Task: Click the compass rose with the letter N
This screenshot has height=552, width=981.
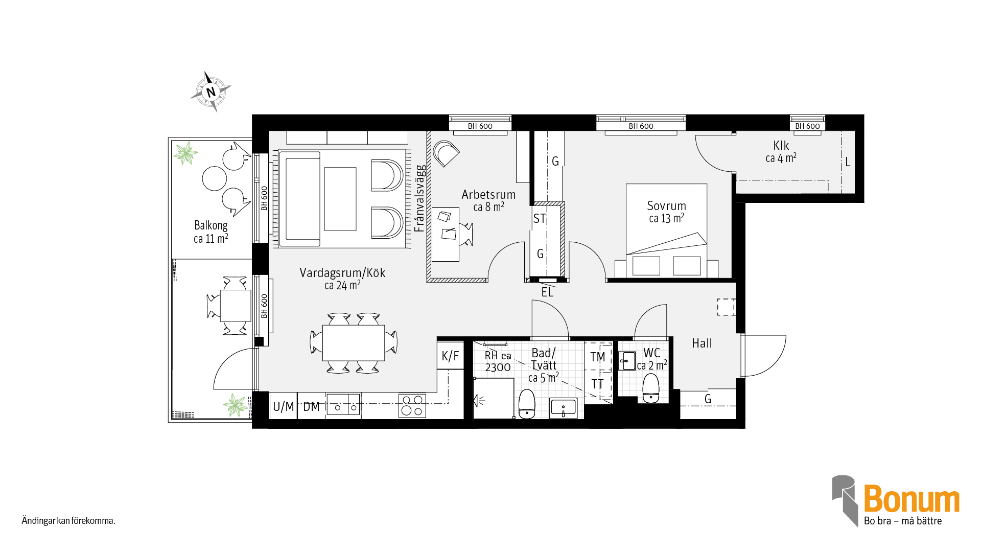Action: pos(211,92)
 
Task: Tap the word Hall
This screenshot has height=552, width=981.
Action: pos(702,343)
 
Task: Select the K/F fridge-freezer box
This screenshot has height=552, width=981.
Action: pos(450,356)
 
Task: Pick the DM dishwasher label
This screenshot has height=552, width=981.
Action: pos(311,407)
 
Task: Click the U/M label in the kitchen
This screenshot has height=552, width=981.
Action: pos(283,407)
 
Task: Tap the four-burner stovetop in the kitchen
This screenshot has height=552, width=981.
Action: pos(412,406)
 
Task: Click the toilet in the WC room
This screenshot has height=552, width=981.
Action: pos(651,388)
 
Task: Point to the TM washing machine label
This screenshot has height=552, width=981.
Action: pos(598,357)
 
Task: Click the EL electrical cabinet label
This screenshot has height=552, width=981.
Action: pos(547,292)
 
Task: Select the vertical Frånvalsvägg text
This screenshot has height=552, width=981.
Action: pos(419,198)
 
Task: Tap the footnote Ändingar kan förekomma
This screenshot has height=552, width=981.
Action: pos(68,521)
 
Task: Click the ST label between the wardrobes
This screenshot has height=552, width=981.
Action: pos(540,219)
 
